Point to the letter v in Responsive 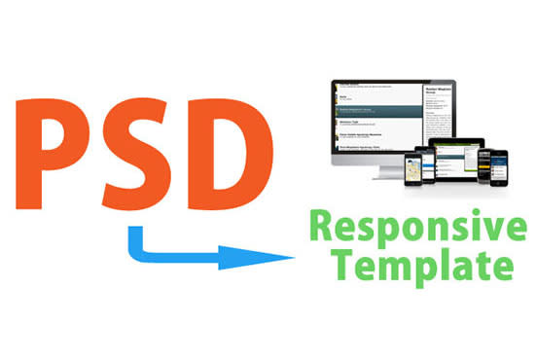pyautogui.click(x=488, y=231)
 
